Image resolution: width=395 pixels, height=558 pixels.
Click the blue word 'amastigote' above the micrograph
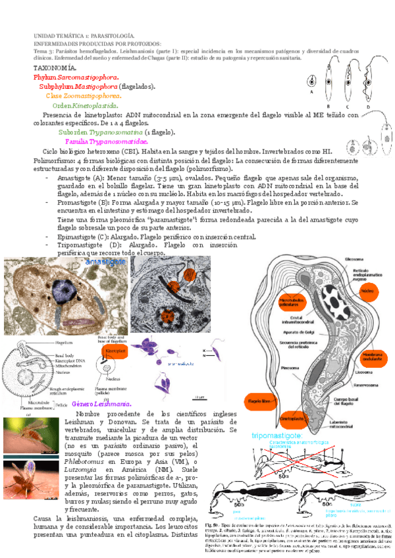pos(105,261)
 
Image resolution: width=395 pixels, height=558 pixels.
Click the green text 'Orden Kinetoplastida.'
pos(86,105)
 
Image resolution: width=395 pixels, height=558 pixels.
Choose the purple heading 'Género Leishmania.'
pos(101,403)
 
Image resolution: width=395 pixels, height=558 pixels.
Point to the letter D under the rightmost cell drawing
pos(368,105)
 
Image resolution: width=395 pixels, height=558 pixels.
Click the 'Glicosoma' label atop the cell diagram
pos(363,259)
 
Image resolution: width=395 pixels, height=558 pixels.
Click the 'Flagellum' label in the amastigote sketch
pos(63,343)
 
